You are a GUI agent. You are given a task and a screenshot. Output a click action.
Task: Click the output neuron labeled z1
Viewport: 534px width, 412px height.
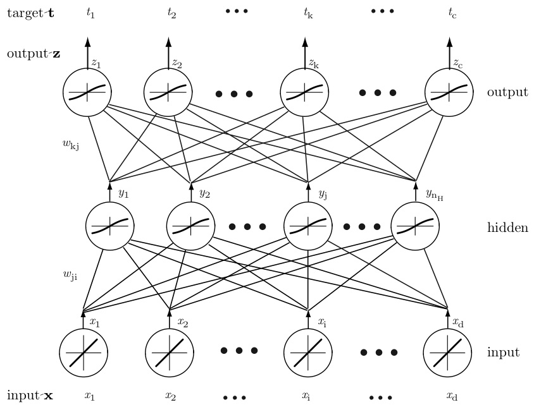coord(87,93)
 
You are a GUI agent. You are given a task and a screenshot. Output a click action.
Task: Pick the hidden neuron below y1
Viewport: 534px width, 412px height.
coord(110,225)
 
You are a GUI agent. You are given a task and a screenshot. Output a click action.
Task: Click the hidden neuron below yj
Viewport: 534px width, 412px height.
coord(308,225)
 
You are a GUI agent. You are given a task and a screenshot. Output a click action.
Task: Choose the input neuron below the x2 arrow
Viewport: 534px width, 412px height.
coord(169,353)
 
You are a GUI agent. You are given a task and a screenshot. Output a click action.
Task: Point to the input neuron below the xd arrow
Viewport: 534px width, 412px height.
coord(447,353)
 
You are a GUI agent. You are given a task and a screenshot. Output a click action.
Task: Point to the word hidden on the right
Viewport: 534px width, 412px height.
coord(507,227)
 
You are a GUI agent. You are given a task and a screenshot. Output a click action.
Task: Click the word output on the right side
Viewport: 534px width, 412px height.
coord(507,92)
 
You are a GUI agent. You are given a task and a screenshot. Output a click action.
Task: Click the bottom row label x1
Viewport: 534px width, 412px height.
coord(89,396)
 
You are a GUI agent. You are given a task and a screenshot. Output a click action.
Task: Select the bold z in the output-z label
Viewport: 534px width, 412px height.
coord(57,54)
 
